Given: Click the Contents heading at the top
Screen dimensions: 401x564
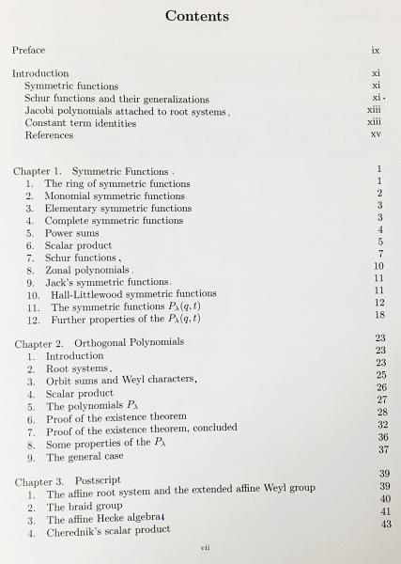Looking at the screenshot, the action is tap(196, 16).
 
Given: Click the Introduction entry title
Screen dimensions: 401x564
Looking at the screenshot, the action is tap(40, 73).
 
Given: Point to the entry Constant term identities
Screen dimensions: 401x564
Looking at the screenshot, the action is tap(77, 123).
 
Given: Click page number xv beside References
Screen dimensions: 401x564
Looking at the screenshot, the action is tap(376, 134).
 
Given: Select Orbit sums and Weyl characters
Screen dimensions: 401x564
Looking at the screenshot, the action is tap(120, 382).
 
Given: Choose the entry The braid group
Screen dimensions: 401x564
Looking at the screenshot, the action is tap(86, 507).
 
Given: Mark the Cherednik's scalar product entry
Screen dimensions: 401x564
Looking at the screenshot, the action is tap(109, 531).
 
